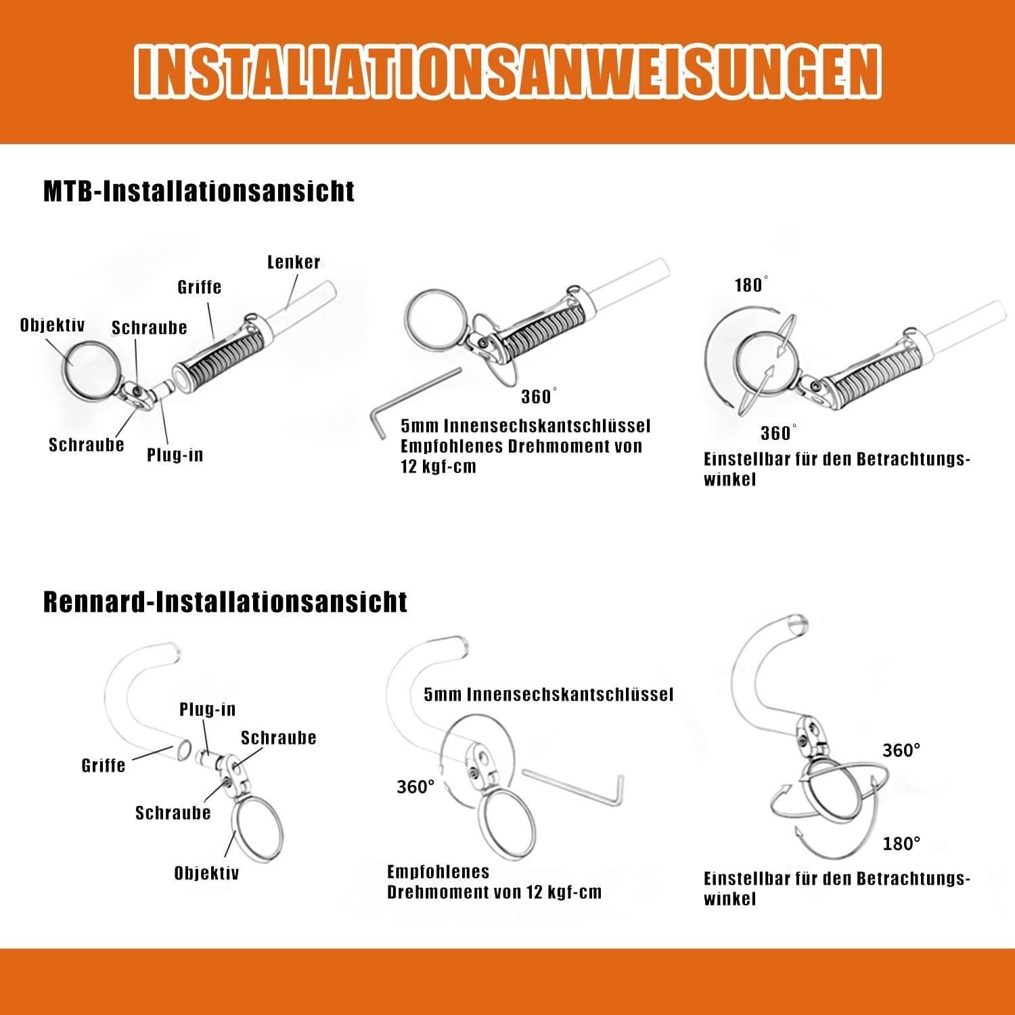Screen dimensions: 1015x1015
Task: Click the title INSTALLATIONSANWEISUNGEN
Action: point(507,72)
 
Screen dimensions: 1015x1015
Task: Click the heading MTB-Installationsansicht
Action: point(199,191)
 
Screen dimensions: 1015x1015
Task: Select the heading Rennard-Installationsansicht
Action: point(225,602)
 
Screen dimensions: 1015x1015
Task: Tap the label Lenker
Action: point(294,262)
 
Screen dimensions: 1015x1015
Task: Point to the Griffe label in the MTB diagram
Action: point(200,287)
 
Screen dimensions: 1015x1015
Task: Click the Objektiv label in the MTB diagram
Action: point(53,325)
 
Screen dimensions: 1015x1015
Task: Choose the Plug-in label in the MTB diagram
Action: point(175,455)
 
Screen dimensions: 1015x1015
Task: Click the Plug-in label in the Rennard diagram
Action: point(208,709)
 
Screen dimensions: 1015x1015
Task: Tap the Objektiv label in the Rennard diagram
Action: point(207,873)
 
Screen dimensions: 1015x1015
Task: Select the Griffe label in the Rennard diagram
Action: point(104,765)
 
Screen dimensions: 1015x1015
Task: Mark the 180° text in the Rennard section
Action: point(901,844)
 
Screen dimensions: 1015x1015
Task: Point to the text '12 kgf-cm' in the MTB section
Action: point(438,467)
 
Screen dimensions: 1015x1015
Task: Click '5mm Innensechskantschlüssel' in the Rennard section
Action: point(549,694)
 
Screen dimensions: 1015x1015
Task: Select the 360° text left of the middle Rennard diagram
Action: point(415,786)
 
